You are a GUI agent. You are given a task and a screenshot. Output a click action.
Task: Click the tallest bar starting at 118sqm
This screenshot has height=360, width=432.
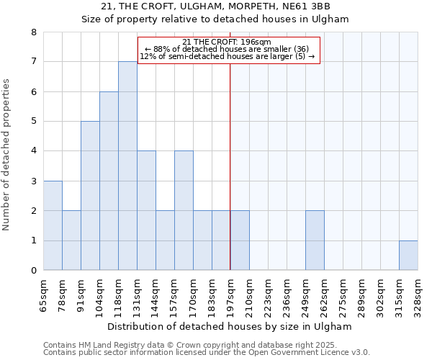tap(127, 166)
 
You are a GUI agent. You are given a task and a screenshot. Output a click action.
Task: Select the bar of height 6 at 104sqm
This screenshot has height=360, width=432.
tap(109, 181)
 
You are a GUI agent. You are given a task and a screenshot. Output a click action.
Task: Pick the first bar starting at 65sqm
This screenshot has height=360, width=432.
tap(53, 225)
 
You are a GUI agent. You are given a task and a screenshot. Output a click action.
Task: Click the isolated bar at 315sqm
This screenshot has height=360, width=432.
tap(408, 256)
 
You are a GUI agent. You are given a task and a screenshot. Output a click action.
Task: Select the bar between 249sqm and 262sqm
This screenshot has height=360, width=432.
tap(315, 240)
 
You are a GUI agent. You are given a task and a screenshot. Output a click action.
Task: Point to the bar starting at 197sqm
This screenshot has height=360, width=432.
tap(240, 240)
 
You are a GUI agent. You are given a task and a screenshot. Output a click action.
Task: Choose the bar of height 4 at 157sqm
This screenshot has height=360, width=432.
tap(184, 210)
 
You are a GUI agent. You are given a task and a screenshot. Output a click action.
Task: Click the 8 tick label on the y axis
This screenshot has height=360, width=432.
tap(33, 32)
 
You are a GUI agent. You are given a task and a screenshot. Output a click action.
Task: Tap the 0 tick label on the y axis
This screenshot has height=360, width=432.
tap(33, 271)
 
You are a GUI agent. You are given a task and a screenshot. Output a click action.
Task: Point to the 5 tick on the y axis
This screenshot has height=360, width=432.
tap(33, 122)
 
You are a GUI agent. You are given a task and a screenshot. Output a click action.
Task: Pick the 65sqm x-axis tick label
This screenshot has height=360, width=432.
tap(43, 295)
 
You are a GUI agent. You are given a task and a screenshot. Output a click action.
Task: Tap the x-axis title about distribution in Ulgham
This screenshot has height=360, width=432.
tap(230, 326)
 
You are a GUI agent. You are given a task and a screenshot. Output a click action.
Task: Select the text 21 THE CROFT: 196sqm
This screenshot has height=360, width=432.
tap(227, 42)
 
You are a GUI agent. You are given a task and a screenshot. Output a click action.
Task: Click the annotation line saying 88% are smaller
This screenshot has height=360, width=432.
tap(227, 49)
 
